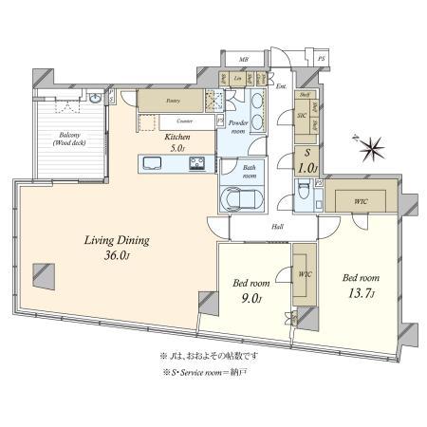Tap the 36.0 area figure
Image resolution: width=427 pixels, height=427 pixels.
(x=111, y=256)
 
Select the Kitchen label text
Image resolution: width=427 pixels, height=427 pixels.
(x=177, y=137)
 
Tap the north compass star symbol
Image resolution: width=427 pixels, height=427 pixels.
(x=370, y=149)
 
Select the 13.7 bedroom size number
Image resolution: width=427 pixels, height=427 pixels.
(x=362, y=291)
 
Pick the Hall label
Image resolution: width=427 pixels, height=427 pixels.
(x=279, y=227)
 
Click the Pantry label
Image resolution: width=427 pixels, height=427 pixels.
(x=173, y=100)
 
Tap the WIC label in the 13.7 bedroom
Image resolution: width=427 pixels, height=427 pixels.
(x=360, y=199)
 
